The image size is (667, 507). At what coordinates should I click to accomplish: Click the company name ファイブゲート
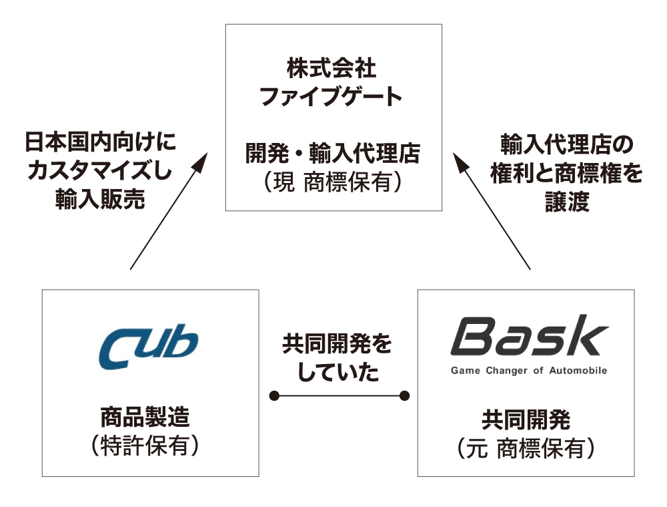coord(331,98)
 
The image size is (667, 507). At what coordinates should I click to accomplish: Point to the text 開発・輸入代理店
coord(333,155)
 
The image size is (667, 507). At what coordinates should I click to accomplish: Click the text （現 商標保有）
coord(333,182)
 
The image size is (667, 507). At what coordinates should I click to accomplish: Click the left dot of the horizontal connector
coord(274,396)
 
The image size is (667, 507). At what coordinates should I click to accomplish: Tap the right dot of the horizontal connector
coord(404,396)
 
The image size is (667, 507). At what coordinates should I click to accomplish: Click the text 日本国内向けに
coord(100,143)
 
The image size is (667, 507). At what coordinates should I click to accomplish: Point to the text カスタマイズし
coord(100,171)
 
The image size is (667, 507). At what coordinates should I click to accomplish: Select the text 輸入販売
coord(100,200)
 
